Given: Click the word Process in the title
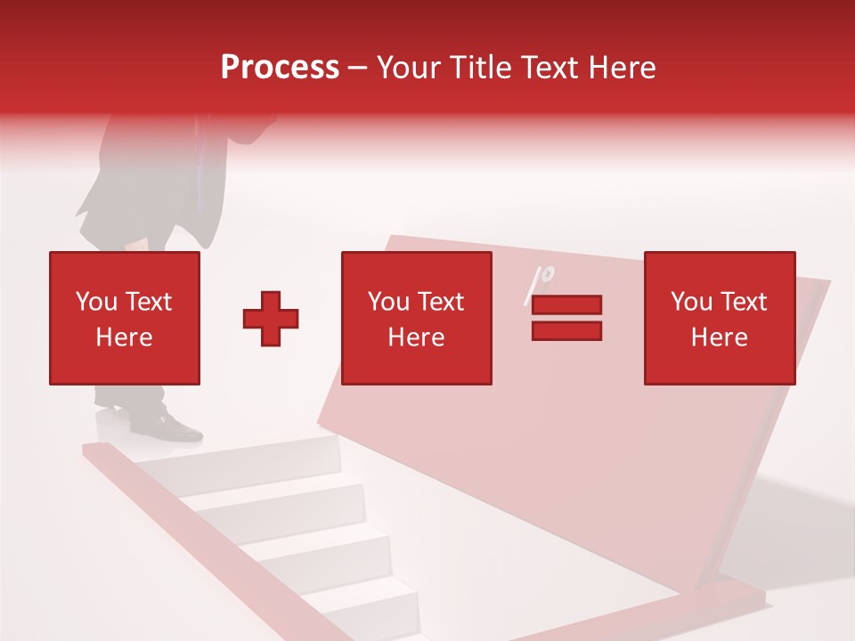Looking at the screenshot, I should [280, 68].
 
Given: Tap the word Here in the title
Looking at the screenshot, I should [619, 68].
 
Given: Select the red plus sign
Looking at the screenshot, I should [271, 318].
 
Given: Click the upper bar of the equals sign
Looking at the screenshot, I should [566, 304].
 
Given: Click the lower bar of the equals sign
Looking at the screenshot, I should [566, 330].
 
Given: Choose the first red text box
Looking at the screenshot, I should [124, 318].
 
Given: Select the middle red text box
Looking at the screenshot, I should [416, 318].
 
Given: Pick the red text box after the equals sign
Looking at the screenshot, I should [719, 318].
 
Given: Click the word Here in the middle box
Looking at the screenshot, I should [416, 337].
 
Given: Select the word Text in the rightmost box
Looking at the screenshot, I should [744, 302].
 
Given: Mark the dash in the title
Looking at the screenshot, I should [358, 69].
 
